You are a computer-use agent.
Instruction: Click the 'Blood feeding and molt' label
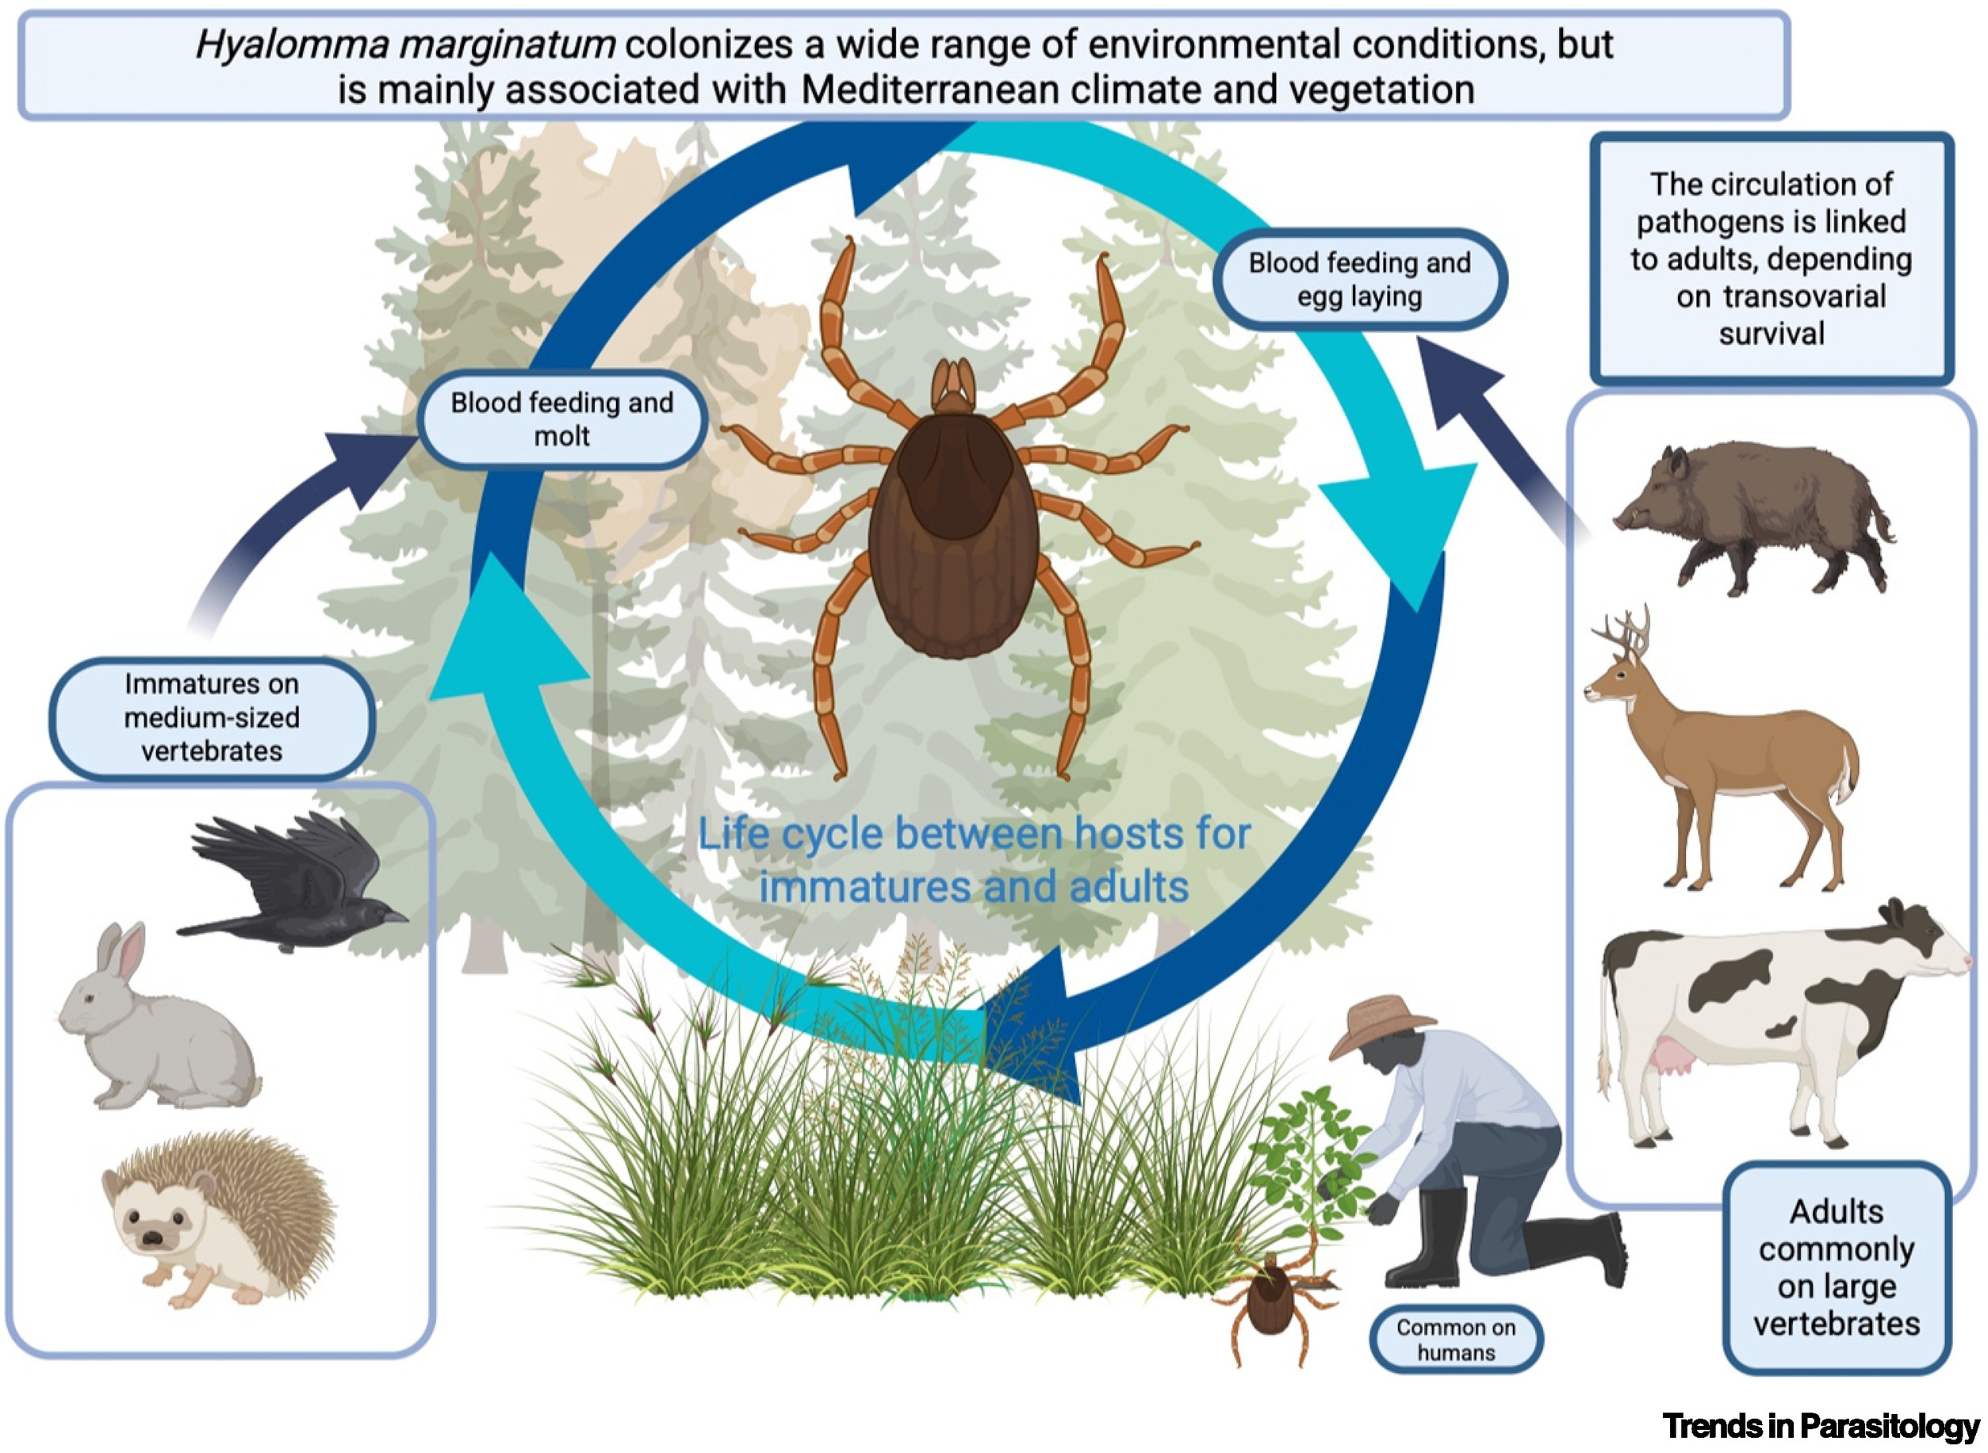click(562, 419)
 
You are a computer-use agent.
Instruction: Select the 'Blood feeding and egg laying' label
click(1359, 280)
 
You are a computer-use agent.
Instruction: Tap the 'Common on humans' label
click(1456, 1340)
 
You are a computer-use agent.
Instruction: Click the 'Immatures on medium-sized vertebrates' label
click(212, 717)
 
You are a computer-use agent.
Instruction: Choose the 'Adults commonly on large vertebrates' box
click(1837, 1268)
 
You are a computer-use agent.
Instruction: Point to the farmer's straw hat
click(1379, 1025)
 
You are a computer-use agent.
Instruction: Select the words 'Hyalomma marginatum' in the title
click(404, 44)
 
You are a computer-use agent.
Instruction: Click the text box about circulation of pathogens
click(1772, 258)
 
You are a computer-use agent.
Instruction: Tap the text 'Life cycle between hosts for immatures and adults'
click(974, 859)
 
